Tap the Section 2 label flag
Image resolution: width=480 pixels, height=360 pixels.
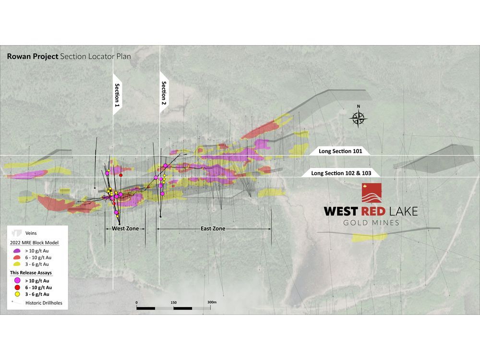(164, 93)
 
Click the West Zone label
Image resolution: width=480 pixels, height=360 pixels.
(125, 228)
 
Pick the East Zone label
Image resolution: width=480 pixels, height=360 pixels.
(213, 228)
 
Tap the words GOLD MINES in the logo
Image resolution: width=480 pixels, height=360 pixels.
(371, 223)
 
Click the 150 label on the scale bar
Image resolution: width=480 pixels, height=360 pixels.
(174, 302)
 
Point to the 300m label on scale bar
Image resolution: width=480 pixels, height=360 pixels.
(212, 302)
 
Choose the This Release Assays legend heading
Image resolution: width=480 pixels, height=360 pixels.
(31, 273)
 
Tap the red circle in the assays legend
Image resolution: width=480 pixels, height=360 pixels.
(18, 287)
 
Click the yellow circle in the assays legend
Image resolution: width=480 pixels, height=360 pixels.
(18, 294)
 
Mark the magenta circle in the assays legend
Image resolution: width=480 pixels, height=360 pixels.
(18, 280)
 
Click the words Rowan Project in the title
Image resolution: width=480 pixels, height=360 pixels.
(33, 56)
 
